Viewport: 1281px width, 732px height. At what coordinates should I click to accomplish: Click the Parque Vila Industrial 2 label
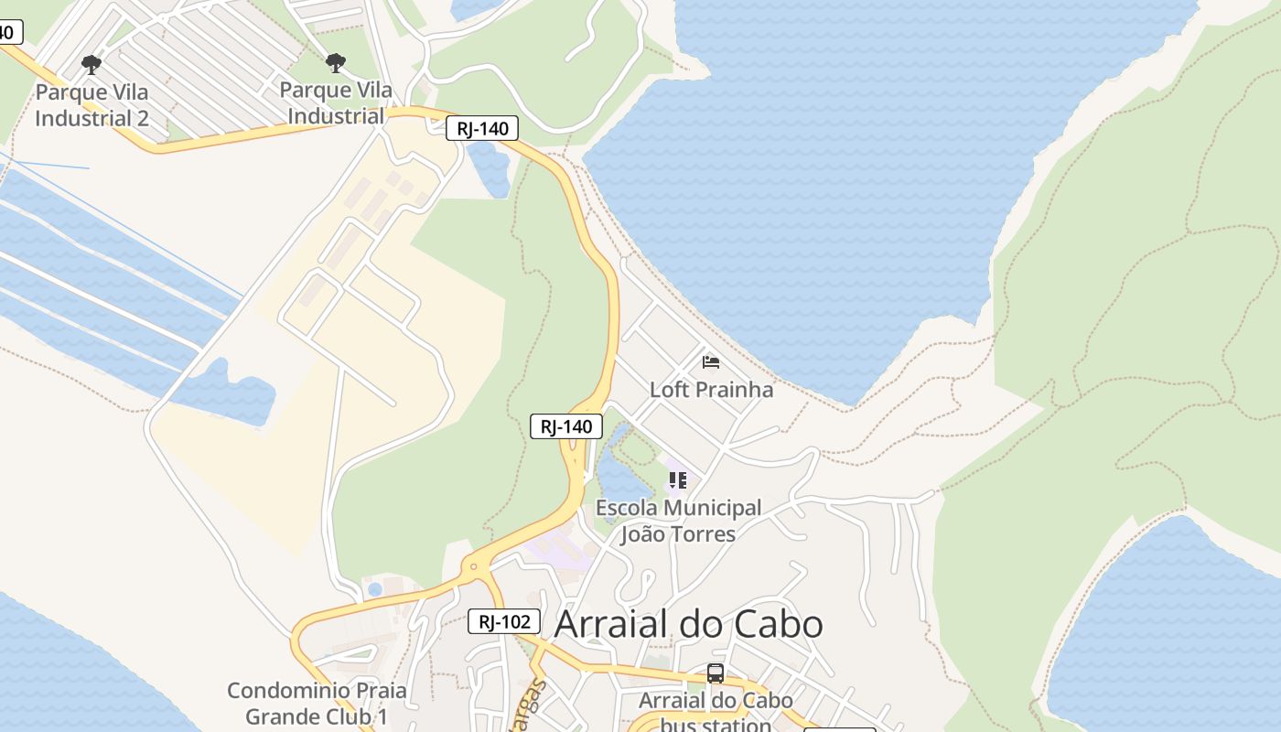tap(91, 104)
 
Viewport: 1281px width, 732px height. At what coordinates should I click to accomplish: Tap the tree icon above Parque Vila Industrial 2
tap(91, 64)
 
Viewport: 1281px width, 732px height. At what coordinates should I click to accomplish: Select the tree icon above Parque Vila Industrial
tap(336, 63)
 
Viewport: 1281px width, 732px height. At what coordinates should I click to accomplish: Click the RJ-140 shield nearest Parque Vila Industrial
tap(482, 128)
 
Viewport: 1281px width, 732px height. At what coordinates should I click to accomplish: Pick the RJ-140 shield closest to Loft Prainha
tap(566, 425)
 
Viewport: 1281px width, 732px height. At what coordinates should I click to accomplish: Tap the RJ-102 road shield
tap(504, 621)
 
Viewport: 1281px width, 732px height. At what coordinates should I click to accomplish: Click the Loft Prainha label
tap(711, 389)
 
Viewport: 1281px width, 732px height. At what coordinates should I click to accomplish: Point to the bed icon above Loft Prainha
tap(711, 361)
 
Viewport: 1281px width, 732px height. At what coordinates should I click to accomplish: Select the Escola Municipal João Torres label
tap(678, 521)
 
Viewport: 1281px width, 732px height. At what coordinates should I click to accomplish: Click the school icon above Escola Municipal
tap(678, 479)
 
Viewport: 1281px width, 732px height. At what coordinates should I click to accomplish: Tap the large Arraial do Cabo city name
tap(688, 624)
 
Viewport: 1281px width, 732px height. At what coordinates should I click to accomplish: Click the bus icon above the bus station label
tap(716, 673)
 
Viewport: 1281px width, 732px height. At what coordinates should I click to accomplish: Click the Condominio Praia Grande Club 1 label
tap(317, 703)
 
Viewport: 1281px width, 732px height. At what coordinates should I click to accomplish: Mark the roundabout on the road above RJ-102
tap(473, 567)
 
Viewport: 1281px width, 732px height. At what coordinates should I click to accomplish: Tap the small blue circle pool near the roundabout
tap(374, 589)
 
